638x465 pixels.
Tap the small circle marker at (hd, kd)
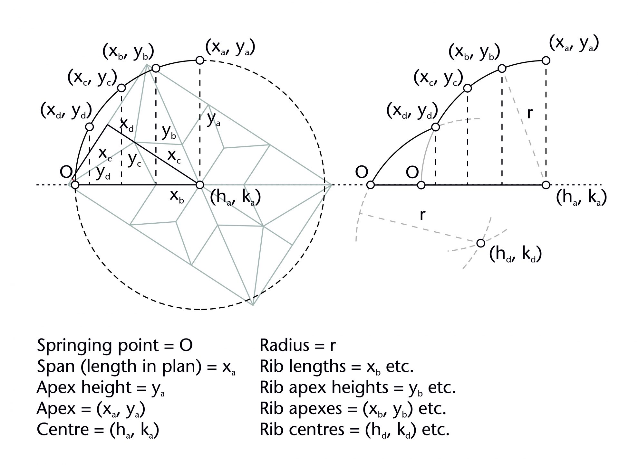coord(480,243)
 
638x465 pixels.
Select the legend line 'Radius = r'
coord(297,346)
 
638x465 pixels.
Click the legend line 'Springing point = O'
coord(115,346)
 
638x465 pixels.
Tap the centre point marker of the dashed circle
coord(200,185)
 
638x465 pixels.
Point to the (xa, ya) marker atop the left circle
coord(200,60)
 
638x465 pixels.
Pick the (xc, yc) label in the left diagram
coord(92,78)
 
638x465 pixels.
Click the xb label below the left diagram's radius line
coord(177,196)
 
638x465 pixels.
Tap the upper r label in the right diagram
coord(530,113)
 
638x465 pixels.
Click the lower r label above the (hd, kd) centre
coord(423,214)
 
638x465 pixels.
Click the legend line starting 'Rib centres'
coord(354,429)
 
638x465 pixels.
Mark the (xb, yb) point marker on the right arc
coord(502,69)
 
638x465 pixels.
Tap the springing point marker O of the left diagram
coord(75,185)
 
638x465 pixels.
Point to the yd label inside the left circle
coord(103,173)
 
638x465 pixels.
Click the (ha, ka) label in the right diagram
coord(581,198)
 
